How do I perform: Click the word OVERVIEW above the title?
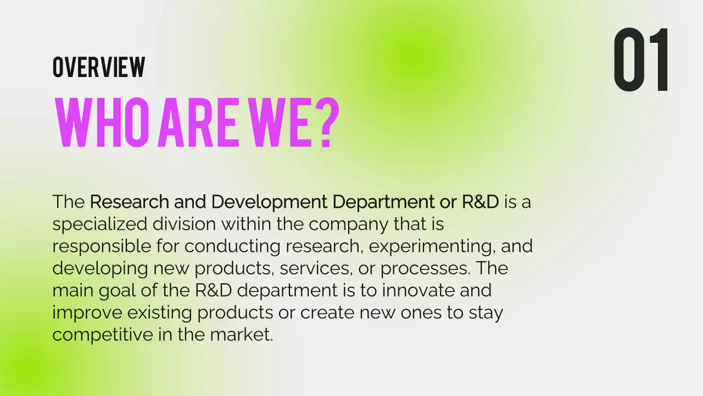click(99, 67)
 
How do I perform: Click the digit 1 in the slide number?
click(659, 60)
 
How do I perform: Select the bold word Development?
click(269, 203)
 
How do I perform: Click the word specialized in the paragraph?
click(100, 224)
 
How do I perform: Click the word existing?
click(160, 312)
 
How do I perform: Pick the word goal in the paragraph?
click(113, 291)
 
